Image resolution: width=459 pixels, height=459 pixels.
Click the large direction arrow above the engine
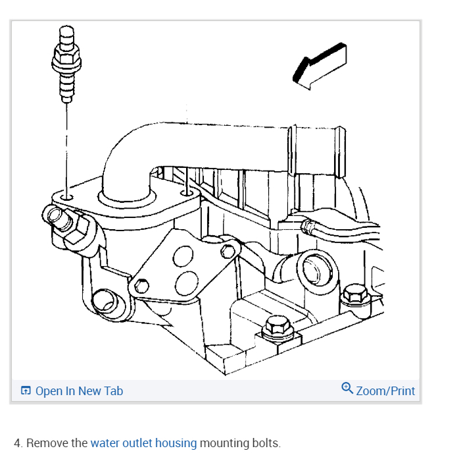click(320, 66)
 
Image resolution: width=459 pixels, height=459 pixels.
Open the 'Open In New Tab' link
click(79, 391)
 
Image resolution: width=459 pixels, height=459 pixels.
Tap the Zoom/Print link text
click(385, 391)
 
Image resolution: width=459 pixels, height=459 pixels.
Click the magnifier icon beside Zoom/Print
click(347, 389)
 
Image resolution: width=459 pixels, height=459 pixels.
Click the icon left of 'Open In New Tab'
click(26, 391)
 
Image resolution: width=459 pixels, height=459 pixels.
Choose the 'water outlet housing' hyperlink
click(143, 443)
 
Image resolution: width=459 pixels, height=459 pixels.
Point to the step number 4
click(17, 443)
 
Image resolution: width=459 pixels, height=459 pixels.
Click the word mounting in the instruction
click(224, 443)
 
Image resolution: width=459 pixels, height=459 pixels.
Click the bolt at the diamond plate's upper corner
click(228, 251)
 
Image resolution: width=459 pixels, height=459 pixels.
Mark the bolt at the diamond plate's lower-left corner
click(141, 286)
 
